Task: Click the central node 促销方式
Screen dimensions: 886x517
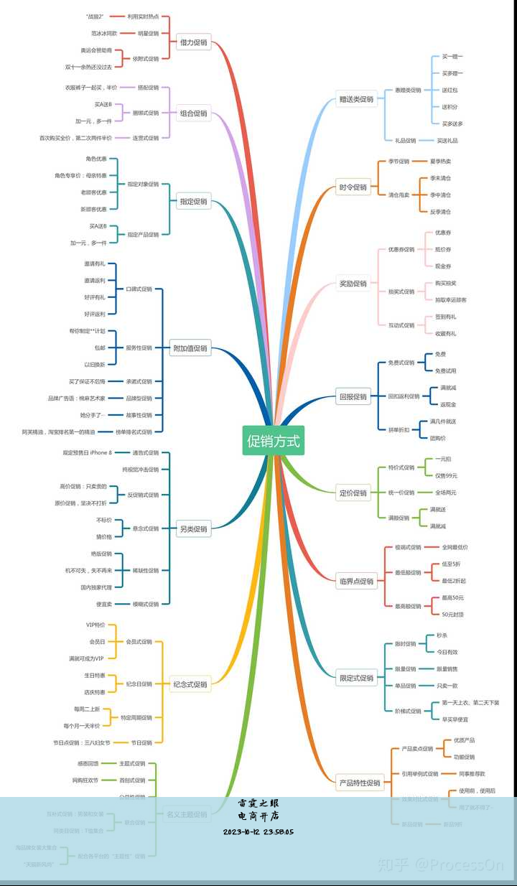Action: (x=273, y=440)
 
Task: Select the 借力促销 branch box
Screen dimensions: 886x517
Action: (x=193, y=42)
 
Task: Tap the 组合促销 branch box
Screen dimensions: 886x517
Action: (x=193, y=113)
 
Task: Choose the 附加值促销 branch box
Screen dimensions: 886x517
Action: (x=190, y=348)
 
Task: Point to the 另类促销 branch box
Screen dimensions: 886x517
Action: (x=193, y=529)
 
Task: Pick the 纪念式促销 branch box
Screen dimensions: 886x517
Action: (x=190, y=684)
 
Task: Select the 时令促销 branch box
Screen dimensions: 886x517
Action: (x=353, y=187)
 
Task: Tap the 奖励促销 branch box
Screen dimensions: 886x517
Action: (x=353, y=284)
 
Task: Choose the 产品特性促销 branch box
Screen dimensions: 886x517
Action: (x=359, y=783)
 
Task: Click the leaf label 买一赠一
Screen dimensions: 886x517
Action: (x=452, y=57)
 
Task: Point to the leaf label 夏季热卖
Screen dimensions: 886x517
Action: (x=440, y=162)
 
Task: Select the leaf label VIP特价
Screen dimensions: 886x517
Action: (x=96, y=625)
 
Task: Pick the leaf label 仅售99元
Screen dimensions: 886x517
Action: (x=445, y=475)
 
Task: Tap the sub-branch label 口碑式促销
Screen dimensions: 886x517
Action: (x=139, y=289)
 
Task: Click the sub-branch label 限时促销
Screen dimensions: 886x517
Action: (x=405, y=644)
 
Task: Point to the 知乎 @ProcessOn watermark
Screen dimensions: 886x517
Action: (x=441, y=866)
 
